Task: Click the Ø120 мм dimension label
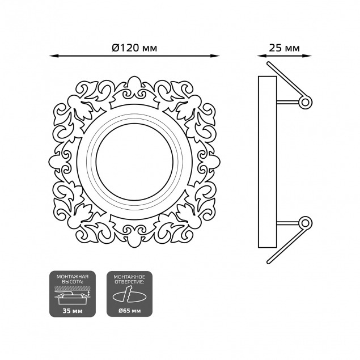(134, 48)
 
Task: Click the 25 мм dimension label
(284, 48)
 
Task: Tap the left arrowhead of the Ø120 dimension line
(53, 56)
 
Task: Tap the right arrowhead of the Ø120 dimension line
(215, 56)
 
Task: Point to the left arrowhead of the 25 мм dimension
(261, 56)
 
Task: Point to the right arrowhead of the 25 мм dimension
(307, 56)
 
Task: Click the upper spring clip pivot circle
(305, 102)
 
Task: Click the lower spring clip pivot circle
(305, 223)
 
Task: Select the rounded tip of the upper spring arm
(269, 63)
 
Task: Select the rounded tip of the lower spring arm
(269, 262)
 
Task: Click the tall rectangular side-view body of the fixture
(268, 162)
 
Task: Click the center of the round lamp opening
(134, 162)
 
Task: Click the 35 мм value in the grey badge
(73, 311)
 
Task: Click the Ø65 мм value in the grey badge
(130, 311)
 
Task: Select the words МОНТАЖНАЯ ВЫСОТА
(73, 279)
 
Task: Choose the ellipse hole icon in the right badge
(130, 297)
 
